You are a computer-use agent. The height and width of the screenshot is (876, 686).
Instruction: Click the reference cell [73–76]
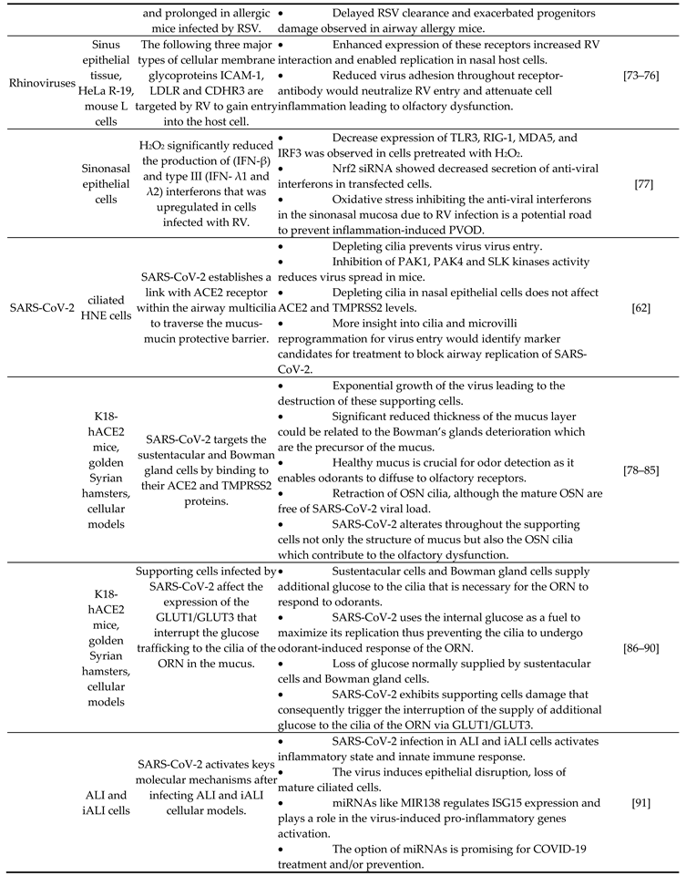tap(641, 81)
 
